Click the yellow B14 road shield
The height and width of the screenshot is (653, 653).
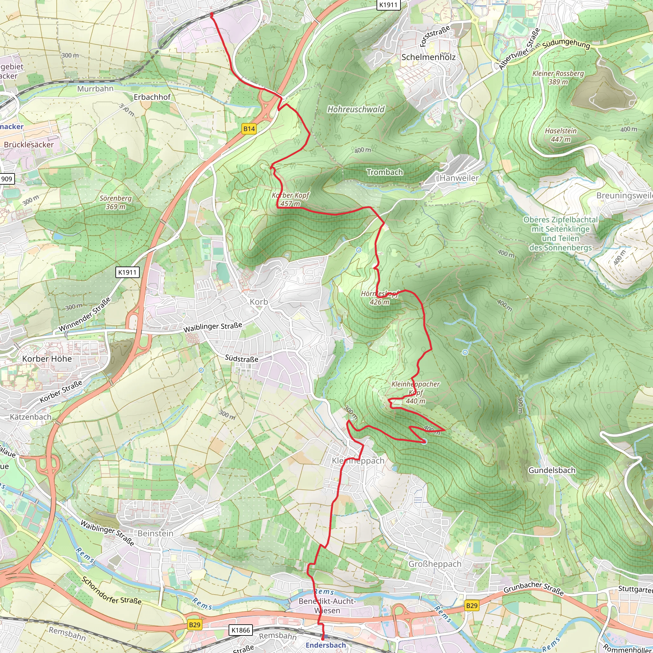tap(249, 129)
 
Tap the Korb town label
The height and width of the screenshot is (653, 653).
tap(259, 302)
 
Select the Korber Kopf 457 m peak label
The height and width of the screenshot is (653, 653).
tap(290, 199)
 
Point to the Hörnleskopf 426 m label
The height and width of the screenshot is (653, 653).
tap(379, 298)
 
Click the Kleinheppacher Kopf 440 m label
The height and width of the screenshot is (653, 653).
tap(415, 393)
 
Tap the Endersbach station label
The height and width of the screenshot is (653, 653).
tap(326, 645)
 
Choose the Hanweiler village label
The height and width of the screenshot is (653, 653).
tap(459, 178)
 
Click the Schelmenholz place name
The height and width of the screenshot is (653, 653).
tap(428, 57)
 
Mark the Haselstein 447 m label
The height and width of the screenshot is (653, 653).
tap(561, 135)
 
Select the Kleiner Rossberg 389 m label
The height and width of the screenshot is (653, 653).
tap(558, 77)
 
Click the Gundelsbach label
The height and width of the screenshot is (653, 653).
tap(552, 471)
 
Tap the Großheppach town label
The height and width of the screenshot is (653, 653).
tap(435, 564)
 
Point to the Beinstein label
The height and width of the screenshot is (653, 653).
tap(156, 533)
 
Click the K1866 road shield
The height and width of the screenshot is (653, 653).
tap(241, 630)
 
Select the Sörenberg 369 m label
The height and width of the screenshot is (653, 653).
tap(116, 202)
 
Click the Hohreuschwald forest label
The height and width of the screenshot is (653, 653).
tap(356, 109)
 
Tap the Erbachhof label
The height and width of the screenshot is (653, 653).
tap(152, 97)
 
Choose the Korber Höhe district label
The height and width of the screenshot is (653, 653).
tap(47, 359)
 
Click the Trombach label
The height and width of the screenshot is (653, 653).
tap(385, 172)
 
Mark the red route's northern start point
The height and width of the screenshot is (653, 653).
tap(212, 14)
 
